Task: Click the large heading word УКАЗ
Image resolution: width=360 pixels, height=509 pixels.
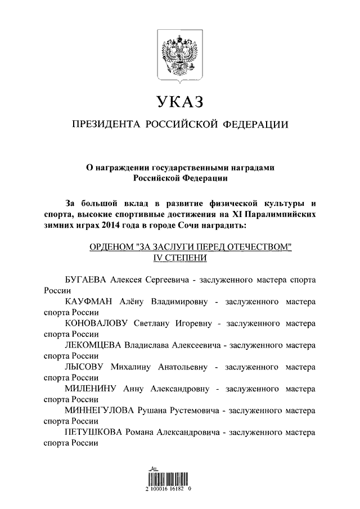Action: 179,103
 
